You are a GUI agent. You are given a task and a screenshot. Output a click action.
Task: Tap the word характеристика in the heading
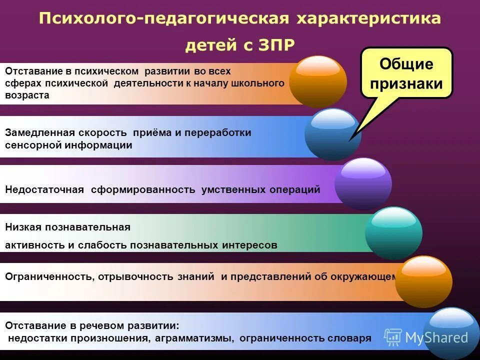click(x=368, y=18)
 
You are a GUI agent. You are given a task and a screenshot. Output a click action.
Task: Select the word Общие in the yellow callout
click(x=406, y=64)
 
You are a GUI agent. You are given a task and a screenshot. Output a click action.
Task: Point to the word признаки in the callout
click(x=406, y=83)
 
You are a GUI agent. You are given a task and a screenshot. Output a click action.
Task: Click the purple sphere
click(x=363, y=183)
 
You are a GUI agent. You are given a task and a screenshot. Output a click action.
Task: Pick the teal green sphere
click(x=393, y=232)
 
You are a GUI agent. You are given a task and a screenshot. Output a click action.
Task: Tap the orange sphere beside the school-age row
click(x=318, y=81)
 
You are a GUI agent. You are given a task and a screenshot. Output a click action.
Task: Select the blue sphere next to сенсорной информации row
click(x=332, y=134)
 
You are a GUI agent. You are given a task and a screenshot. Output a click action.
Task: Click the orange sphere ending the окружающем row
click(x=423, y=281)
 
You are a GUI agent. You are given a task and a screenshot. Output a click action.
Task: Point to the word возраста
click(x=27, y=95)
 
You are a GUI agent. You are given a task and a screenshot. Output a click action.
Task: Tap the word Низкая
click(x=22, y=227)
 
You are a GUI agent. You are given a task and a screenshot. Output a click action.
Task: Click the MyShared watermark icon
click(x=393, y=337)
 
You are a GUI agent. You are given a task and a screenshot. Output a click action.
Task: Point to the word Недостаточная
click(x=45, y=190)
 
